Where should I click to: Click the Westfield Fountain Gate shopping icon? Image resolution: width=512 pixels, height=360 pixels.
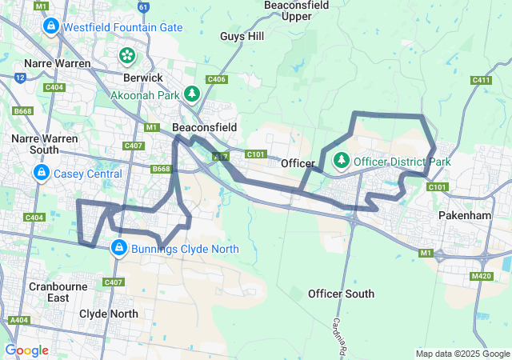click(x=50, y=26)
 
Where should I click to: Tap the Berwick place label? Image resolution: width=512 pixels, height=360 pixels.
click(x=143, y=78)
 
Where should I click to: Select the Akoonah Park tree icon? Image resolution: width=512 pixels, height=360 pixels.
click(x=192, y=94)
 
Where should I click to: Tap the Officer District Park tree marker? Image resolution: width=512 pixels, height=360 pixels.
click(x=342, y=161)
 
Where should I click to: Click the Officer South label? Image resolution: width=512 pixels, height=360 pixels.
click(x=341, y=294)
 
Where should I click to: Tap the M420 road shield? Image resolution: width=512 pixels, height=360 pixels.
click(x=482, y=276)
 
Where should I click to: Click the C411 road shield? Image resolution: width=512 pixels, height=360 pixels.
click(x=481, y=80)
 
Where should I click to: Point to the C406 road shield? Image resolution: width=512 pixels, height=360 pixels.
click(x=216, y=79)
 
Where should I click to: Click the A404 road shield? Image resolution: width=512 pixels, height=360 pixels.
click(x=18, y=320)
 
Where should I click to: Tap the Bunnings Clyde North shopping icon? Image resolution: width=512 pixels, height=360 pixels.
click(x=119, y=248)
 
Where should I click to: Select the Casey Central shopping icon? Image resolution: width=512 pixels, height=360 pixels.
click(x=42, y=173)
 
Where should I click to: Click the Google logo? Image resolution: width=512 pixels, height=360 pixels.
click(x=26, y=350)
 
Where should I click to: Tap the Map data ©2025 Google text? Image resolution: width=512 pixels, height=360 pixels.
click(x=462, y=354)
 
